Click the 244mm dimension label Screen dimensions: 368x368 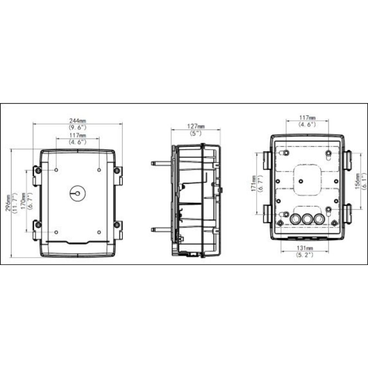[x=78, y=120]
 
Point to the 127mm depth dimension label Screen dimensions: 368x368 [x=195, y=126]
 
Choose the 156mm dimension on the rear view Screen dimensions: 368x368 [x=357, y=182]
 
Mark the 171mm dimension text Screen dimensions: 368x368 [x=254, y=184]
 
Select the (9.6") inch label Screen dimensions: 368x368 [x=78, y=127]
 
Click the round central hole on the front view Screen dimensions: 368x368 [x=77, y=193]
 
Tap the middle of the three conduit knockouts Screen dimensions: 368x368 [x=307, y=220]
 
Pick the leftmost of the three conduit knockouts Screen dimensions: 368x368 [x=294, y=220]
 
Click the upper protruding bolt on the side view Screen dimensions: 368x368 [x=161, y=163]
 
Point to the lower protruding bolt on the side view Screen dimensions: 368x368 [x=161, y=229]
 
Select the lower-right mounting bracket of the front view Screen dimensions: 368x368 [x=118, y=230]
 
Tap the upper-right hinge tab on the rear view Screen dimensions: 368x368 [x=348, y=160]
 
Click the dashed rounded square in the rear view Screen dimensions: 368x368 [x=307, y=179]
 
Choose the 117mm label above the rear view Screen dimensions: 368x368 [x=307, y=118]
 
